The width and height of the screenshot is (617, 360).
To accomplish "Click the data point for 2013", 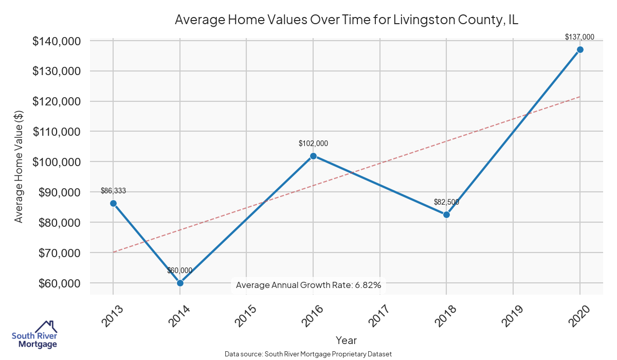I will pos(113,203).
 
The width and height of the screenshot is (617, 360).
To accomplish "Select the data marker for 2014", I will pos(180,283).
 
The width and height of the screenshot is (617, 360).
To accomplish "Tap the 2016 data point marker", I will pos(313,156).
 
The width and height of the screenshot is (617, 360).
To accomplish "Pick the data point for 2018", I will pos(446,214).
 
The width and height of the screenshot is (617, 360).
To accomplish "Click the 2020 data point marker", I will pos(580,49).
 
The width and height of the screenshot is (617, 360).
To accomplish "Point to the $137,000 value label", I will pos(579,37).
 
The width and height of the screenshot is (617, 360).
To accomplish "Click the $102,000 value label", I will pos(313,143).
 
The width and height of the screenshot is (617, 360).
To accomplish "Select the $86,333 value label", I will pos(113,191).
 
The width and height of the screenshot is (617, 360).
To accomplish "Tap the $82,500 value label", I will pos(446,202).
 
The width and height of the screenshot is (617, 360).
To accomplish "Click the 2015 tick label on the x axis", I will pos(245,316).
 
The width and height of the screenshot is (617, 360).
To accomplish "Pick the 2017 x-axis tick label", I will pos(378,316).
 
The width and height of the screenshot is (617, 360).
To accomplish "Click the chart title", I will pos(347,20).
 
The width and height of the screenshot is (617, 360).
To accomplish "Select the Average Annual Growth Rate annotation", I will pos(308,285).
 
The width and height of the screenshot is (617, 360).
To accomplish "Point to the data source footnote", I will pos(308,354).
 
